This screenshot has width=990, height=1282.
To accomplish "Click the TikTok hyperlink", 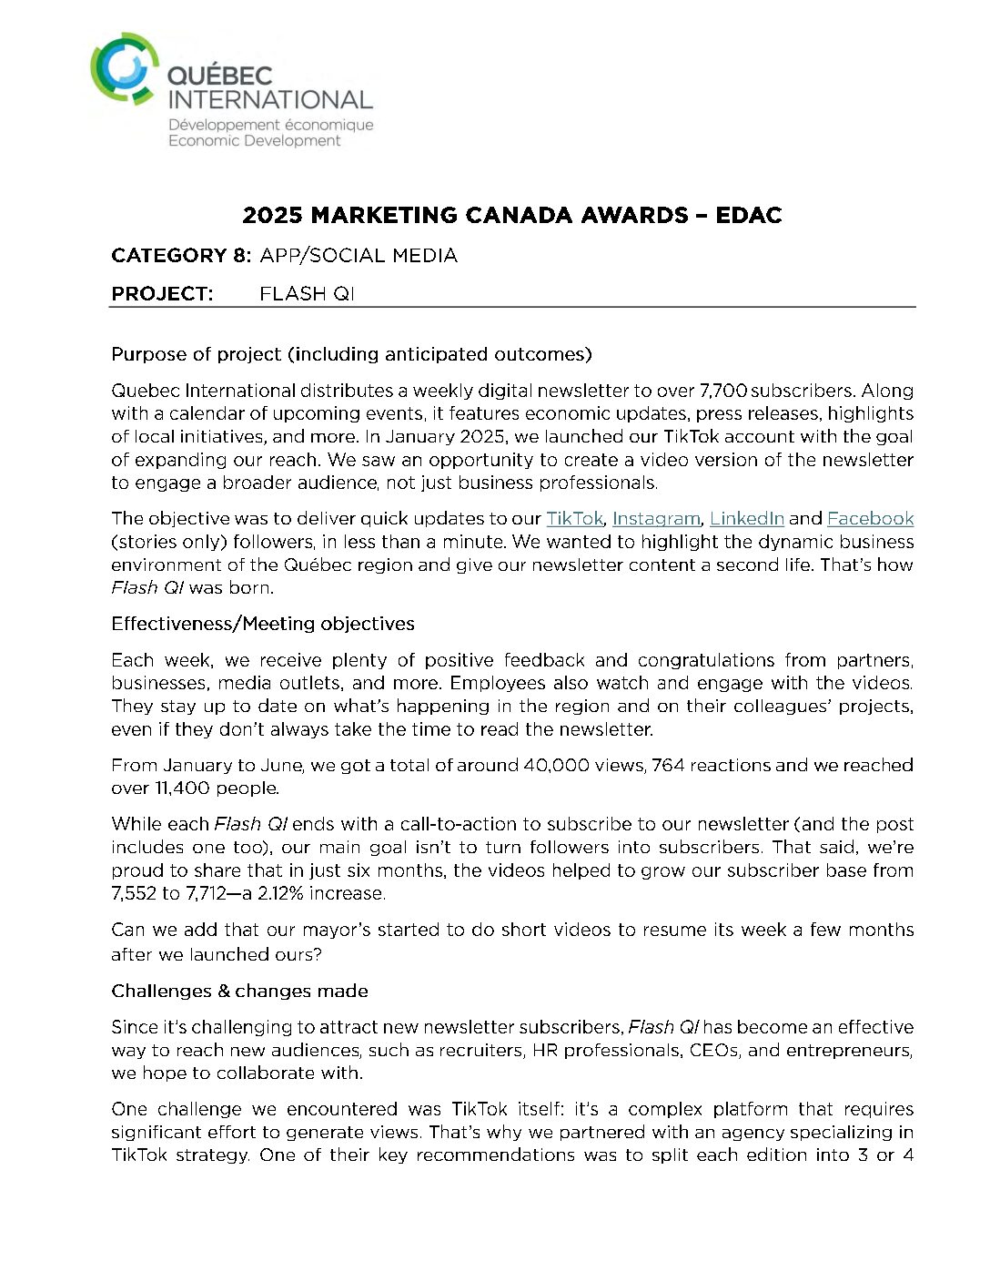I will click(x=574, y=519).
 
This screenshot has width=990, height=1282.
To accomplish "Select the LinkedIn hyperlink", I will click(x=746, y=519).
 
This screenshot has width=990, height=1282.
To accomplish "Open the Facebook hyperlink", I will click(x=870, y=519).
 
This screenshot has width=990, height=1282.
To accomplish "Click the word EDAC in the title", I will click(x=749, y=216).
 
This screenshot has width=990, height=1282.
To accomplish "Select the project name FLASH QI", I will click(x=307, y=294).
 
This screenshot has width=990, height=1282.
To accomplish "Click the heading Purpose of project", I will click(x=351, y=354).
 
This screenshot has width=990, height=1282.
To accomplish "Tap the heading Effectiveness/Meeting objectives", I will click(x=263, y=624).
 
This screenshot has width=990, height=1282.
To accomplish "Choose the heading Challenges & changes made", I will click(x=239, y=991).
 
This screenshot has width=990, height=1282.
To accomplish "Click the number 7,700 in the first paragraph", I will click(x=722, y=392).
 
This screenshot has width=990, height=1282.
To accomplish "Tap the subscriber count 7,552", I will click(x=134, y=893).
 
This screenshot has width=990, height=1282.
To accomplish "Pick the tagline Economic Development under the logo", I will click(x=255, y=141).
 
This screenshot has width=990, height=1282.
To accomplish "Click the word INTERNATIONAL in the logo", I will click(x=270, y=100).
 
